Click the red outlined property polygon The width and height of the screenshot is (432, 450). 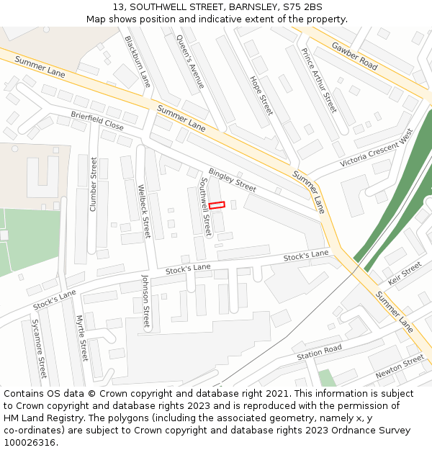click(217, 205)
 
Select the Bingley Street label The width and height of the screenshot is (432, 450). click(232, 179)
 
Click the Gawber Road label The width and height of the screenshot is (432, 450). click(354, 55)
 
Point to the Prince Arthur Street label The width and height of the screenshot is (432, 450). click(318, 80)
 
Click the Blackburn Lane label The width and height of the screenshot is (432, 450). click(138, 61)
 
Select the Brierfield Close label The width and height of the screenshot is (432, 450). click(97, 120)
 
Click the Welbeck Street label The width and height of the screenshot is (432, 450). click(144, 212)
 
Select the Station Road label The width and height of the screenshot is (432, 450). click(319, 353)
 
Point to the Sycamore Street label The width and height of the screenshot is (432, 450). click(38, 348)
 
